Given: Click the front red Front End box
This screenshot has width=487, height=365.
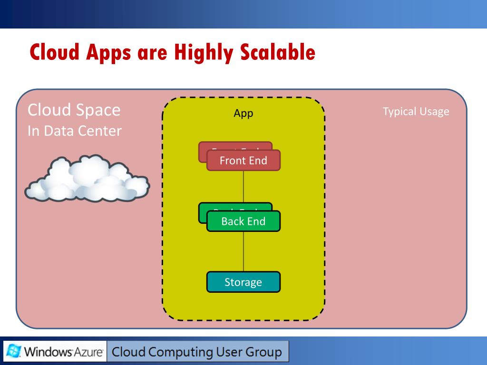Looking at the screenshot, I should click(x=243, y=161).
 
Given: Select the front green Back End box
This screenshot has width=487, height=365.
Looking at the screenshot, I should click(x=243, y=221).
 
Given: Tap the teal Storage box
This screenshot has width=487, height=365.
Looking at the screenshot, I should click(x=243, y=282).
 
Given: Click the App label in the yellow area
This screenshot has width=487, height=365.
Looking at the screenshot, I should click(x=243, y=113).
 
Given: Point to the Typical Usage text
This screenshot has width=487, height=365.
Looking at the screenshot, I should click(x=416, y=112).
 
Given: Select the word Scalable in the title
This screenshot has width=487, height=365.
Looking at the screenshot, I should click(x=277, y=52).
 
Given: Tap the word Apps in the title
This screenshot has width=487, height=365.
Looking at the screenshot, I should click(x=108, y=53).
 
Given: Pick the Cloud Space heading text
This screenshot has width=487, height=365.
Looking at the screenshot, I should click(x=74, y=110).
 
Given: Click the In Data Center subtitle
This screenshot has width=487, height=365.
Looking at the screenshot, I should click(x=75, y=131).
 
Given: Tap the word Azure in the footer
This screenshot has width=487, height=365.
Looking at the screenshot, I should click(x=91, y=353).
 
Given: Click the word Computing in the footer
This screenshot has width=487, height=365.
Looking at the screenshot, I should click(x=180, y=352).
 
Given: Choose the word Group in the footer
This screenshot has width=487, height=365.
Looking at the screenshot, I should click(x=263, y=352).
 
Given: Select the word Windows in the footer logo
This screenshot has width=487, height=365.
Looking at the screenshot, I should click(x=48, y=353).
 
